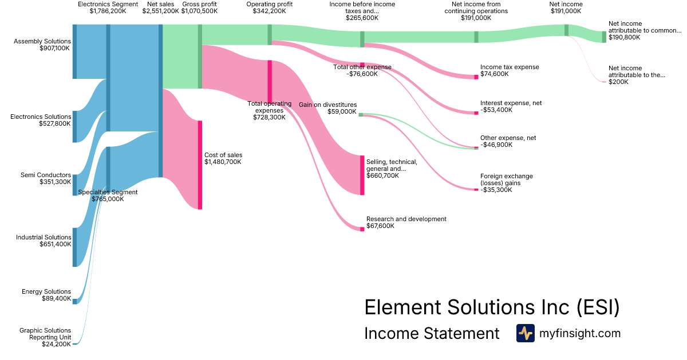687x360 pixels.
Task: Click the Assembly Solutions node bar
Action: point(74,51)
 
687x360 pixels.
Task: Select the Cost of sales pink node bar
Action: point(200,165)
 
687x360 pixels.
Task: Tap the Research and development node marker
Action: point(362,229)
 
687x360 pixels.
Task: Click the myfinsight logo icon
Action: point(525,333)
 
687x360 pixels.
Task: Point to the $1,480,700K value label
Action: point(223,162)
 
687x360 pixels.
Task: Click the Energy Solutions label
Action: point(46,292)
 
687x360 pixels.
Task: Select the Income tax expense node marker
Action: point(476,77)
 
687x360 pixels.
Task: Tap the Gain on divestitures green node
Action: point(361,115)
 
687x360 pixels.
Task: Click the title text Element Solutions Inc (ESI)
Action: point(492,307)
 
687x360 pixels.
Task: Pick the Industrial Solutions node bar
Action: point(74,247)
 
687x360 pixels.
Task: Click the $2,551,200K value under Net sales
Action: point(161,11)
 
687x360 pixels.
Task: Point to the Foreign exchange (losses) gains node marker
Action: point(476,190)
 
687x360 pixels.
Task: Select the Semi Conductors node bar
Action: point(74,185)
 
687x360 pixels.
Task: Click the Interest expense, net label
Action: point(511,103)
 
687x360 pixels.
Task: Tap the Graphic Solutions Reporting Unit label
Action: point(45,334)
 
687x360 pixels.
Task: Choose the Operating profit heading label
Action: point(269,4)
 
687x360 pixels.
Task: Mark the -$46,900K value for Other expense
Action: point(496,145)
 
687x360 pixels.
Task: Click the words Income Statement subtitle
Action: point(432,334)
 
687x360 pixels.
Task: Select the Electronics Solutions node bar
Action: point(74,126)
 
